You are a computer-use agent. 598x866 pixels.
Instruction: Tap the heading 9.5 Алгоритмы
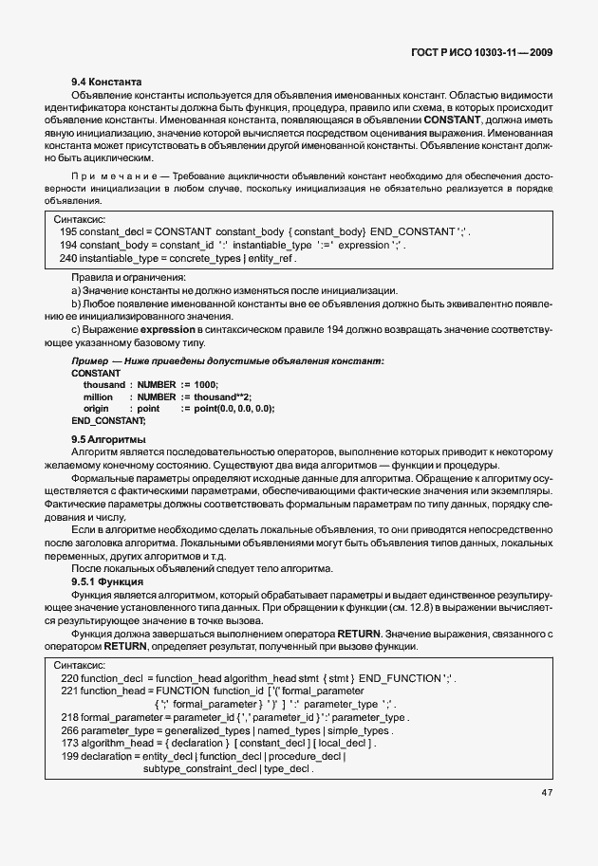108,440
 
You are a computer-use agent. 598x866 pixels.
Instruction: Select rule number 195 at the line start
67,232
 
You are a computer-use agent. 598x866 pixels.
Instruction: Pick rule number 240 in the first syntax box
67,258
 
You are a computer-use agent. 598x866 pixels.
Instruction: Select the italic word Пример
88,361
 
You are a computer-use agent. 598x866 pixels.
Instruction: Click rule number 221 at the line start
68,691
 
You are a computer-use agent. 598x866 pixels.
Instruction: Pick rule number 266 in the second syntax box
68,730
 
